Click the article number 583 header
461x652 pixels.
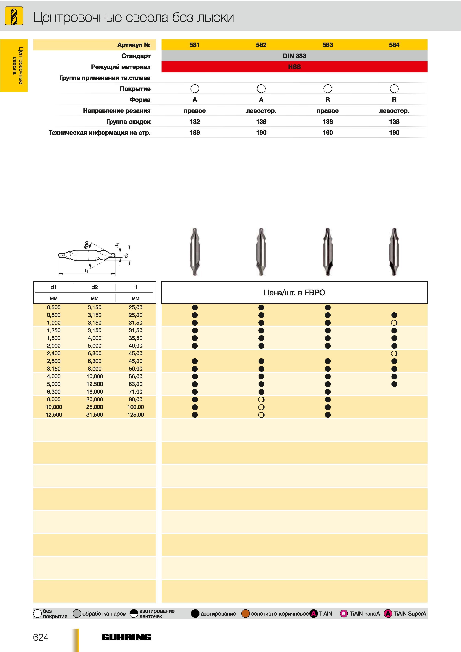(x=328, y=45)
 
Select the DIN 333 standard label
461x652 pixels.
(x=294, y=56)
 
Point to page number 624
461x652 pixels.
(x=41, y=637)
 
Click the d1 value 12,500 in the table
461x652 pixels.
(x=54, y=415)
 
